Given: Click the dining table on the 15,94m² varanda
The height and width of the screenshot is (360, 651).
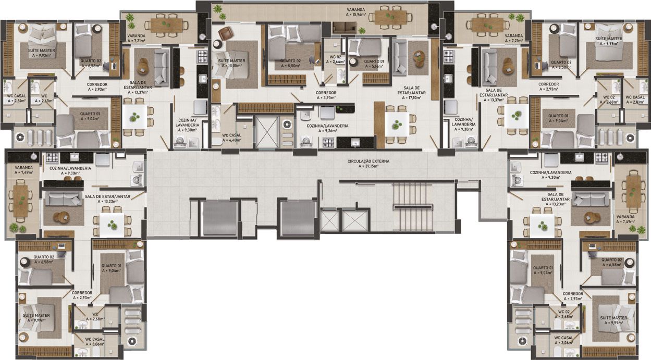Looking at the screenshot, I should pyautogui.click(x=390, y=17).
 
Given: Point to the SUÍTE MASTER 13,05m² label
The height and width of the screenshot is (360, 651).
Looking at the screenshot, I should pyautogui.click(x=231, y=63).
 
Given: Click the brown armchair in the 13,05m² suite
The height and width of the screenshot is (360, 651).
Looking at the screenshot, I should pyautogui.click(x=226, y=33).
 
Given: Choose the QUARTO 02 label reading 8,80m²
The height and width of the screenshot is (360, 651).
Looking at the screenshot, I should pyautogui.click(x=291, y=63).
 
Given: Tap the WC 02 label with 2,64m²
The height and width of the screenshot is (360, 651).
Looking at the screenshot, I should pyautogui.click(x=335, y=59).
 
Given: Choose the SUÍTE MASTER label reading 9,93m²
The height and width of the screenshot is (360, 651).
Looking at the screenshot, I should pyautogui.click(x=40, y=53).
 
